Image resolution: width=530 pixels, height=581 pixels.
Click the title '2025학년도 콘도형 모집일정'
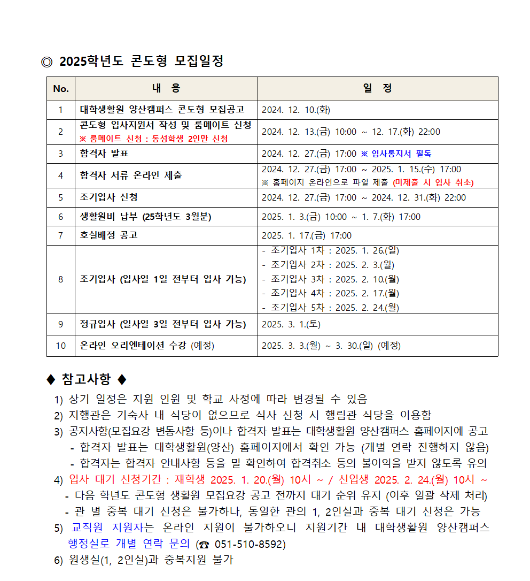click(x=141, y=61)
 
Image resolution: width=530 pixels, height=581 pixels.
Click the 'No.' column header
click(x=61, y=89)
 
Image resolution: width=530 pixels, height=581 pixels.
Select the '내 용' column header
click(x=166, y=89)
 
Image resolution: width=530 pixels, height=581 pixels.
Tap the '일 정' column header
click(x=377, y=89)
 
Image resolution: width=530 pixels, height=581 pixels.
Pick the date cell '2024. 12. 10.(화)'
click(x=296, y=110)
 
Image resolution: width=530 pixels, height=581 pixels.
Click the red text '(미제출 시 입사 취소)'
click(x=433, y=182)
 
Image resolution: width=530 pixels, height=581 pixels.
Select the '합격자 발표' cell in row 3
click(x=104, y=154)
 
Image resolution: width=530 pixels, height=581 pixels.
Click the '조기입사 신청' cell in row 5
click(x=109, y=197)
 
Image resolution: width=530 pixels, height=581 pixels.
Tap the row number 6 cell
click(x=61, y=217)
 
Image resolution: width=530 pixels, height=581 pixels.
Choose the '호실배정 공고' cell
click(x=109, y=235)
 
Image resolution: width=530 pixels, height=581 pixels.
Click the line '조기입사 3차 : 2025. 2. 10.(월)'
click(x=334, y=279)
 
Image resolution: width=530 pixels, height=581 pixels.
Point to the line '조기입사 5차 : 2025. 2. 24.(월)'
click(x=334, y=307)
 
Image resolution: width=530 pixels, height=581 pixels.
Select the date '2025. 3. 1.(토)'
click(x=291, y=324)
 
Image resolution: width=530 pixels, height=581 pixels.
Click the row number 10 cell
click(x=61, y=346)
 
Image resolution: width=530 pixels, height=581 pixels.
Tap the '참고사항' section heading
click(x=87, y=380)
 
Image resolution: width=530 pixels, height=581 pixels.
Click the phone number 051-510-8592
click(x=250, y=545)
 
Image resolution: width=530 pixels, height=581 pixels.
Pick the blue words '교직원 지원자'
click(x=107, y=528)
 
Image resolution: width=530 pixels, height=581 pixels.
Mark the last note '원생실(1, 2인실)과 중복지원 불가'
click(x=152, y=560)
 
